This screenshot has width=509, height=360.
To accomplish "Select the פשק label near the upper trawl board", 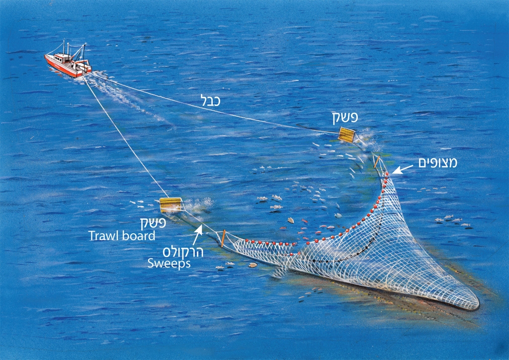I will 344,118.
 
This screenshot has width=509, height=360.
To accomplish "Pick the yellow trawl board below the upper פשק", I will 346,134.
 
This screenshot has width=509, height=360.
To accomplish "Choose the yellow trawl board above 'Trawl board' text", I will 170,204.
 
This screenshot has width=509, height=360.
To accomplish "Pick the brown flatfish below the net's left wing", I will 253,265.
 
